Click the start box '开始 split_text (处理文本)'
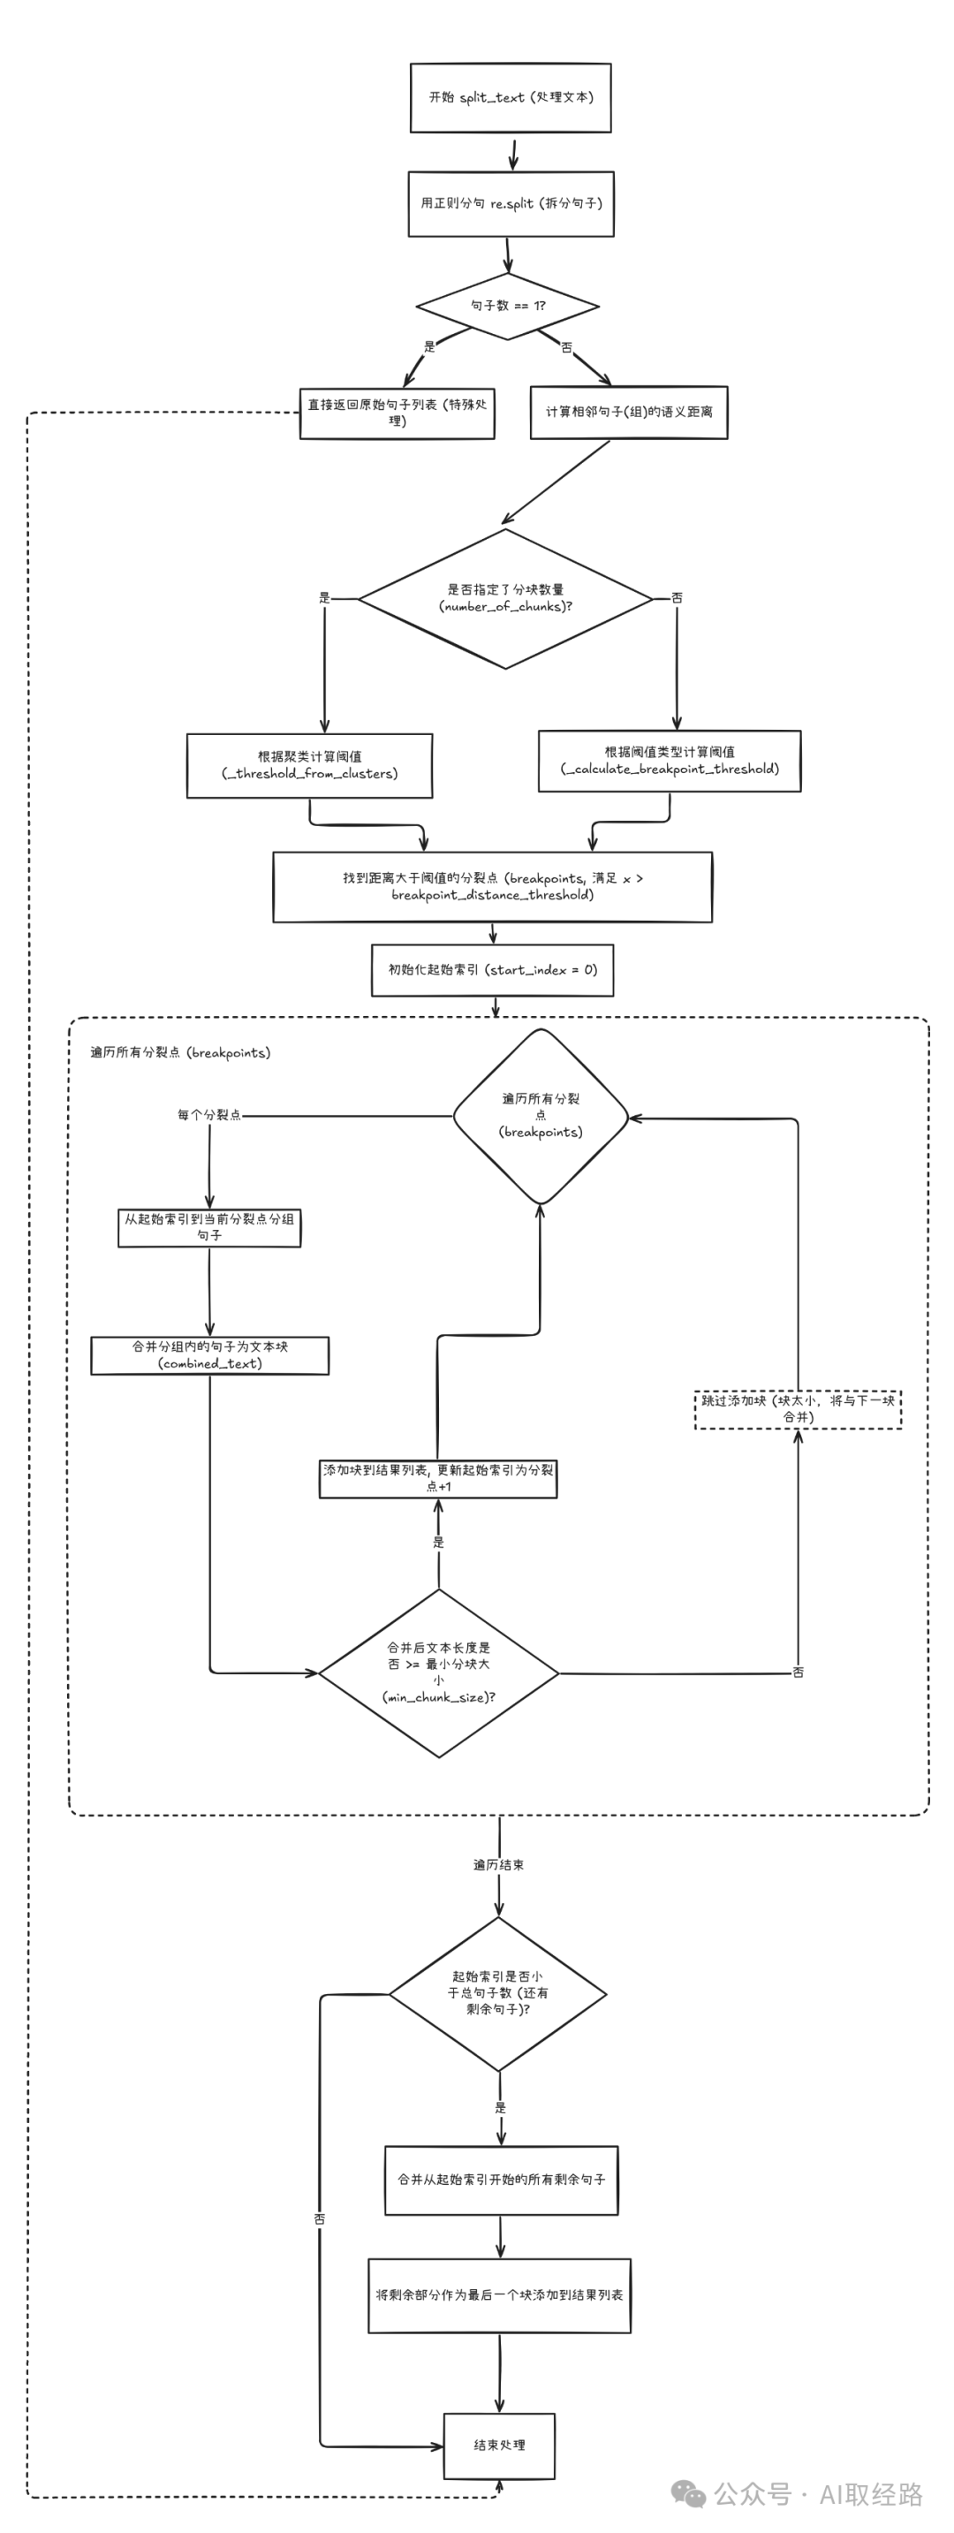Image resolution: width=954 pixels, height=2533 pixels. [x=510, y=97]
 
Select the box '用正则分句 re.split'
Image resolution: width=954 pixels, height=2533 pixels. [x=511, y=203]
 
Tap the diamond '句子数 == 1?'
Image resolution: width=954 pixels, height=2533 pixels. [x=508, y=306]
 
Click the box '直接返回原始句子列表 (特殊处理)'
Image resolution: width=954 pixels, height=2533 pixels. [x=397, y=413]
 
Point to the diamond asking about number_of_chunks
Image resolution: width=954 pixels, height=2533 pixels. [x=505, y=598]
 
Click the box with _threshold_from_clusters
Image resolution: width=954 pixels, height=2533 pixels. [x=309, y=765]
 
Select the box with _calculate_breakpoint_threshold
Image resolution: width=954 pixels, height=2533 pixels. [x=669, y=760]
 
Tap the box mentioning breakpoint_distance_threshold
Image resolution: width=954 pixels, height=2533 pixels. [x=492, y=886]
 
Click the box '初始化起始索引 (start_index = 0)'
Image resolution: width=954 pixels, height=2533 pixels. [x=492, y=969]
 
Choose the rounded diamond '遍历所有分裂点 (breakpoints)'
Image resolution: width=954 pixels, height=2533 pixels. [x=540, y=1116]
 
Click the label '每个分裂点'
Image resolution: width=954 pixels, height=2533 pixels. [x=208, y=1115]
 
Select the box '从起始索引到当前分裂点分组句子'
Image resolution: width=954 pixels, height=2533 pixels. [x=208, y=1227]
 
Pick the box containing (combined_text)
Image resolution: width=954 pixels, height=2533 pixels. [x=209, y=1355]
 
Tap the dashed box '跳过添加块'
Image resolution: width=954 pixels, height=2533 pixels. [x=798, y=1408]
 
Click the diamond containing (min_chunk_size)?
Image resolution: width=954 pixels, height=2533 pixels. [x=439, y=1672]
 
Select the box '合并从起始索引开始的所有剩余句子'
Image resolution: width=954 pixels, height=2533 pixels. [x=501, y=2179]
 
